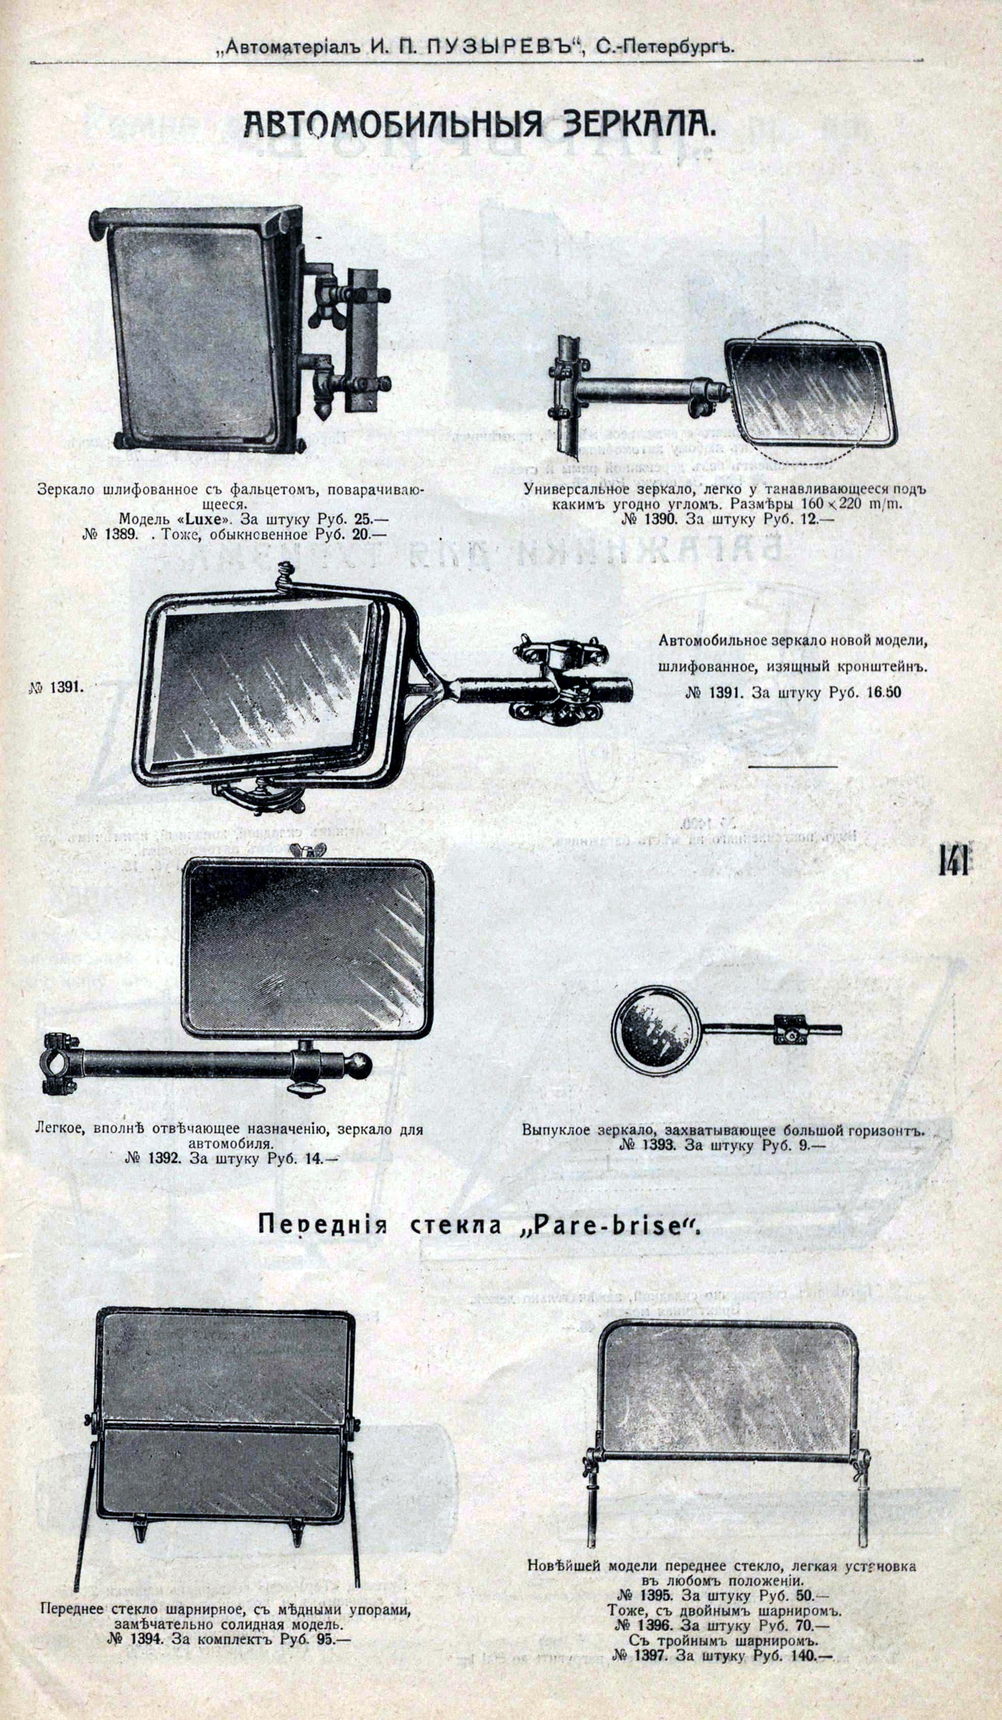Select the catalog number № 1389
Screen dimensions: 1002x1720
tap(112, 534)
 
